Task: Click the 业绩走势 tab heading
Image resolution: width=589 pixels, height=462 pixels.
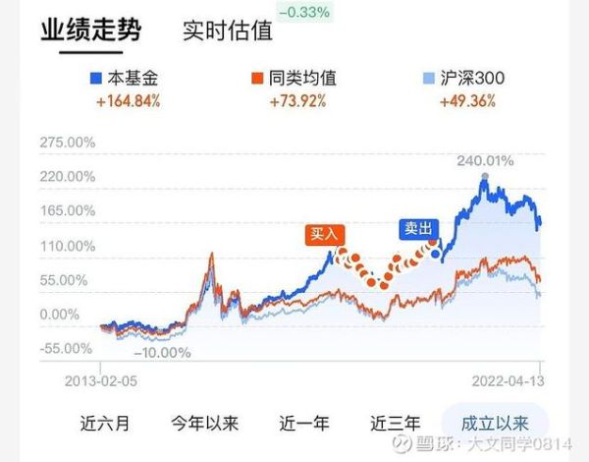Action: click(x=90, y=29)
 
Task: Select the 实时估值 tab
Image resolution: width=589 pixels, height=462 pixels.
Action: click(x=227, y=29)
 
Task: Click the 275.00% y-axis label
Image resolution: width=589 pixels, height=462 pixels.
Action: click(x=68, y=143)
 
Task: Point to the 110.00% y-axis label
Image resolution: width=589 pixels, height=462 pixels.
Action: click(x=68, y=246)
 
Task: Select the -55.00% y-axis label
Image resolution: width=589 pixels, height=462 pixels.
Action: click(x=68, y=348)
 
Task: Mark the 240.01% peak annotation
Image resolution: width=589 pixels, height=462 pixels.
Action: click(x=485, y=161)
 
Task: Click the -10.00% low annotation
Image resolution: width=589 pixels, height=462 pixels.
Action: click(x=163, y=352)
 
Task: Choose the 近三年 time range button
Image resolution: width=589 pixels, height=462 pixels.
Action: click(x=395, y=424)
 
